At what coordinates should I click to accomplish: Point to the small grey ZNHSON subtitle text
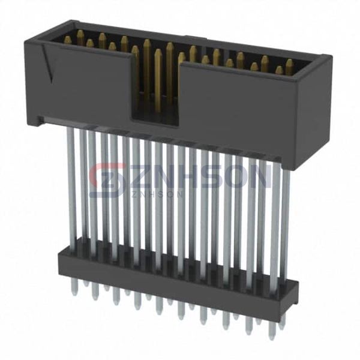click(157, 194)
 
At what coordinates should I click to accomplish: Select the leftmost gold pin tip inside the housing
click(68, 40)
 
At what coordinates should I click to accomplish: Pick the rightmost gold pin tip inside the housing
click(289, 67)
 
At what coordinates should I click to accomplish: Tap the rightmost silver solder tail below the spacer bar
click(283, 322)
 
